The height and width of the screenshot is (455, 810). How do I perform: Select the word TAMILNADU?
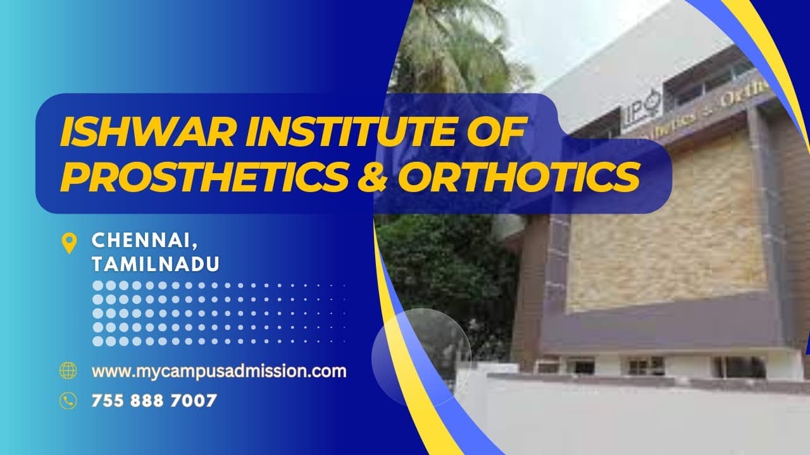tap(156, 264)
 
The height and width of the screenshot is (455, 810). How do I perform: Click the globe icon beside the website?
tap(68, 370)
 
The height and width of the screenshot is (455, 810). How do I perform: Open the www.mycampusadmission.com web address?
tap(219, 371)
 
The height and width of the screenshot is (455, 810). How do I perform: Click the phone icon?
tap(68, 400)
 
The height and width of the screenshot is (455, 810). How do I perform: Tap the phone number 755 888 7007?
tap(154, 400)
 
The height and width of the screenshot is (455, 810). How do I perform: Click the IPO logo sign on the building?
tap(642, 109)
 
